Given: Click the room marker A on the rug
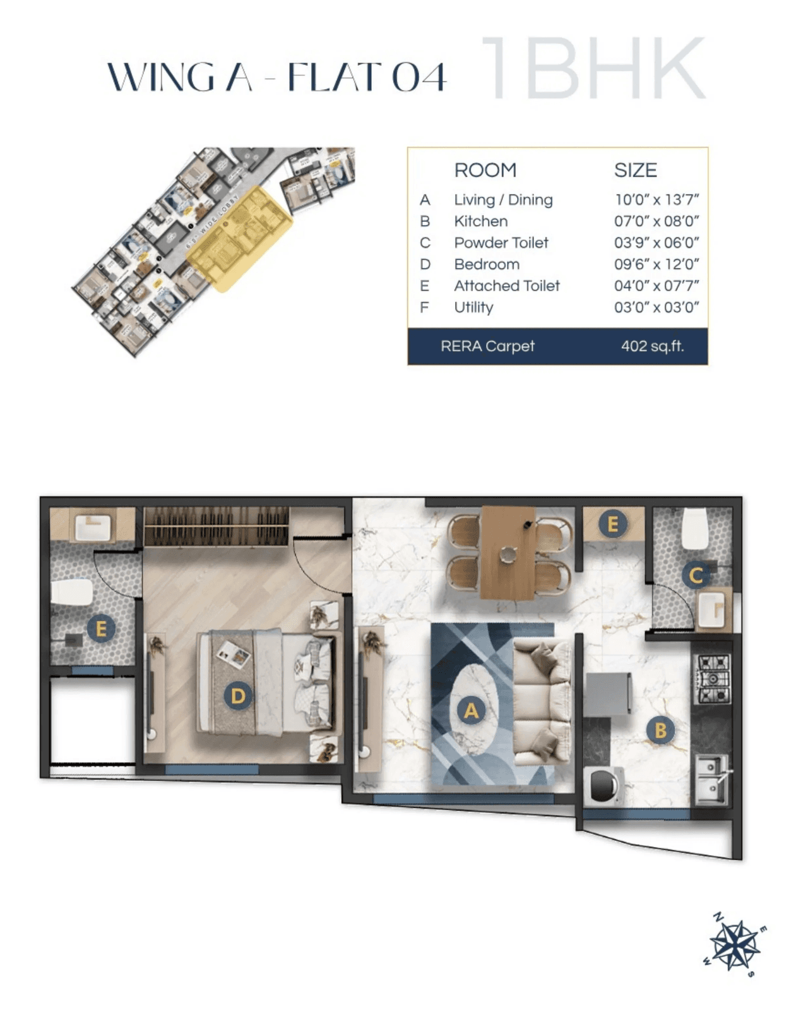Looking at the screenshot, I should click(x=471, y=710).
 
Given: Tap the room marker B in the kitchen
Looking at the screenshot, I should click(x=660, y=730).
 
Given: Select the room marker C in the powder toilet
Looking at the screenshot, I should click(x=696, y=575).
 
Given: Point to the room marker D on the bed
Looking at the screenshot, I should click(x=237, y=696).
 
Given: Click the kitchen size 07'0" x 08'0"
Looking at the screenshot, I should click(x=656, y=221).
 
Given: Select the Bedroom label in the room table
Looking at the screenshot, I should click(x=487, y=264).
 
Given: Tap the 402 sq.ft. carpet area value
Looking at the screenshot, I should click(x=652, y=346).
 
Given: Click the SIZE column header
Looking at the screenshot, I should click(x=636, y=170).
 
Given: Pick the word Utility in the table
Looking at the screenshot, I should click(x=473, y=307).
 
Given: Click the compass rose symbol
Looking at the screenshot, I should click(x=734, y=946).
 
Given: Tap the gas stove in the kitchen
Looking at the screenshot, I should click(x=713, y=680).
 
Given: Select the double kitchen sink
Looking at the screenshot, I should click(x=711, y=782).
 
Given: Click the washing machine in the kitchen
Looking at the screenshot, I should click(x=603, y=786).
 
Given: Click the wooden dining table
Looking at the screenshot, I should click(x=508, y=552).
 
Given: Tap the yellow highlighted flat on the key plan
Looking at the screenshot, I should click(x=240, y=240).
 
